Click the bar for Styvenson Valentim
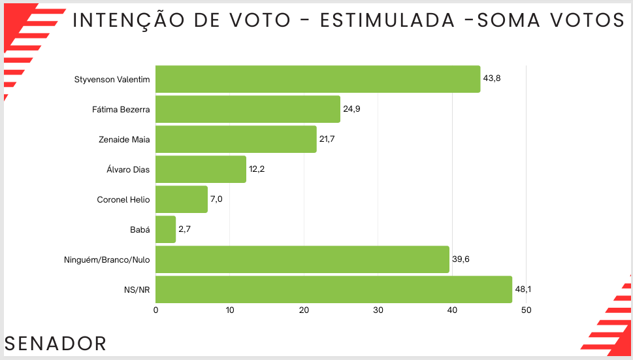tap(317, 79)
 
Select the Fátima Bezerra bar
tap(248, 109)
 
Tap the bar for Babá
tap(165, 229)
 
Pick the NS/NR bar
tap(333, 289)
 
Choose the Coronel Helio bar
tap(181, 199)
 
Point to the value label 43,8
tap(491, 78)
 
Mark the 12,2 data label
tap(257, 169)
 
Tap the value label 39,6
tap(461, 259)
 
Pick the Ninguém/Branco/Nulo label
tap(107, 259)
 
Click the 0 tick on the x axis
tap(155, 310)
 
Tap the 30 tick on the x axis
tap(378, 310)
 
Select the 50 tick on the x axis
tap(527, 310)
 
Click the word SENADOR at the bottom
tap(56, 344)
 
